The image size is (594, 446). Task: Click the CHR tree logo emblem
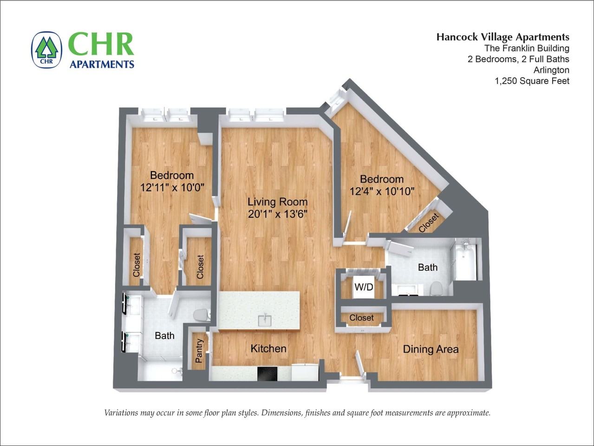(46, 50)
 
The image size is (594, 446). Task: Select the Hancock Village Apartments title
(503, 37)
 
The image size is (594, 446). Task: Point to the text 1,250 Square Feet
(532, 81)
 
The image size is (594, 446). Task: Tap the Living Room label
(277, 202)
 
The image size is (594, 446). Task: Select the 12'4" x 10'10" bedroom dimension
(382, 191)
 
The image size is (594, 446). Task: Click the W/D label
(364, 287)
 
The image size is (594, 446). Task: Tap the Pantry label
(199, 351)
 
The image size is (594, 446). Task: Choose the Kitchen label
(268, 348)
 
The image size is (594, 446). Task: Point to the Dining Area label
(431, 349)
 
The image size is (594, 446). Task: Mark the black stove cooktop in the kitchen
(267, 373)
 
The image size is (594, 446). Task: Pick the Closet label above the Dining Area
(361, 318)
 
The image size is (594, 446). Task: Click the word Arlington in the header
(551, 70)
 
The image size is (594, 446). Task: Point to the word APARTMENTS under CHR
(102, 64)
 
